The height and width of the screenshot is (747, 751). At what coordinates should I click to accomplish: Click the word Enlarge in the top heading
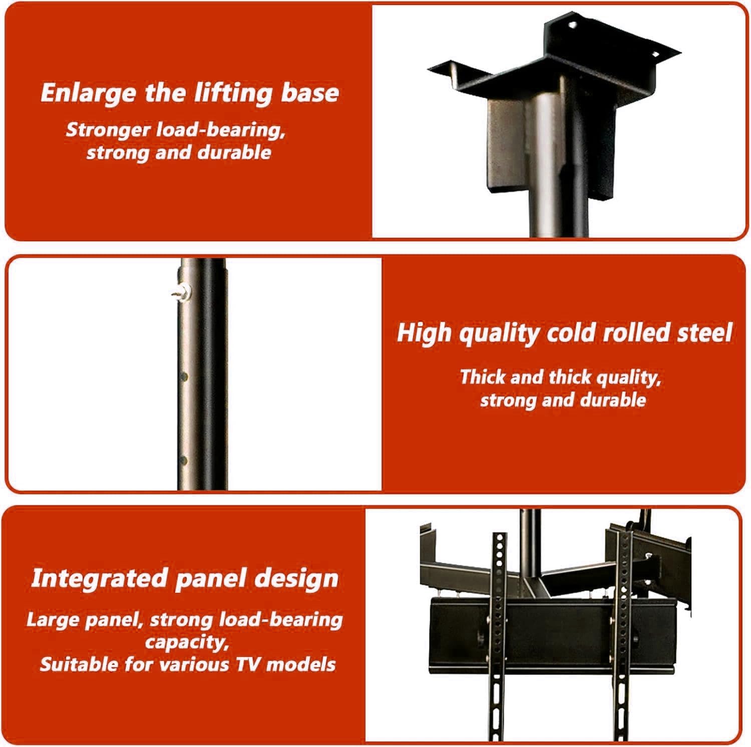(x=88, y=94)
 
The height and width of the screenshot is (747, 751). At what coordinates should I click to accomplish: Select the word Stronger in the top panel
(x=108, y=130)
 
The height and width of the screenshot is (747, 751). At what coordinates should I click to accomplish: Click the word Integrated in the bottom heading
(x=99, y=578)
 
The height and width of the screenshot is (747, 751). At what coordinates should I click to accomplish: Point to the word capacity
(x=186, y=642)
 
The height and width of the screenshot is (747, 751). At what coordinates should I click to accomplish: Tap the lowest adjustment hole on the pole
(x=184, y=460)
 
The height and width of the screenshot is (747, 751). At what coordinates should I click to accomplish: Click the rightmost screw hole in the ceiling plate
(x=655, y=54)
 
